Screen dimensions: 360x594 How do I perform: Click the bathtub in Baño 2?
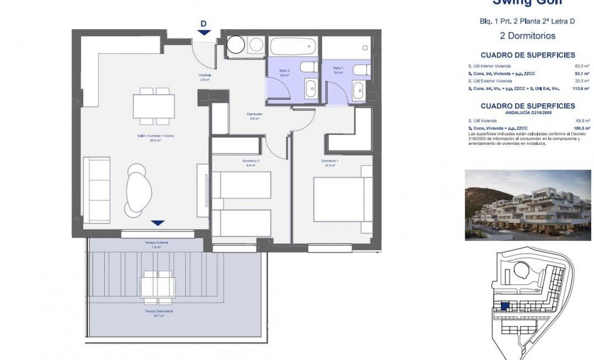[x=293, y=46]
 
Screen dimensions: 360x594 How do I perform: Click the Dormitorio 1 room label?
[x=330, y=161]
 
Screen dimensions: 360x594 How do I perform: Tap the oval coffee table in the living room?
[x=138, y=189]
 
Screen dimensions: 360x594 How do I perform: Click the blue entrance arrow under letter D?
[x=204, y=32]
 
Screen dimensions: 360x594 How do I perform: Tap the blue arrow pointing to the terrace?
[x=157, y=223]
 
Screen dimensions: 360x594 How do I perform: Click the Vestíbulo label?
[x=205, y=75]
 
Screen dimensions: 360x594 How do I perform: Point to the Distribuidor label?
[x=255, y=114]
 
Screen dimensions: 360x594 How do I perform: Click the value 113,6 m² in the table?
[x=583, y=89]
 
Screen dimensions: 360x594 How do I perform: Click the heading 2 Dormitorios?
[x=527, y=36]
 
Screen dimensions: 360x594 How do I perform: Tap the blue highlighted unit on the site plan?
[x=505, y=306]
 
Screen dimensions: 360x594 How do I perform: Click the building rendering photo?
[x=527, y=205]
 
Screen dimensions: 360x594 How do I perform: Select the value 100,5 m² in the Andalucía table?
[x=583, y=129]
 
